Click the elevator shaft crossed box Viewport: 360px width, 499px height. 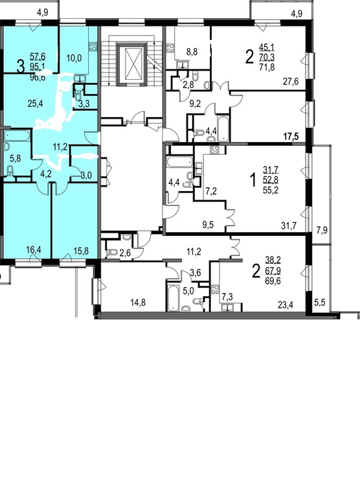tap(132, 64)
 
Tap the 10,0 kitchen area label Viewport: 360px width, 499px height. tap(74, 58)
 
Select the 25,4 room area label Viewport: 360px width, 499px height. tap(35, 104)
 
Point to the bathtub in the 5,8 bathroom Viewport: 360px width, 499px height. tap(18, 136)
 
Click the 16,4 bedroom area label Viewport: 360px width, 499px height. tap(34, 250)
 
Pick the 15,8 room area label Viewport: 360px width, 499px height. tap(81, 250)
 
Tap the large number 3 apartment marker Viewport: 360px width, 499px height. tap(20, 68)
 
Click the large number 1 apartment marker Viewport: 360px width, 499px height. tap(253, 180)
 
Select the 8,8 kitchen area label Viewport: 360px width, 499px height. tap(192, 52)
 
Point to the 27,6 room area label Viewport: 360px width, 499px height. tap(291, 82)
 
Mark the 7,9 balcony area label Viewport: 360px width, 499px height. tap(322, 230)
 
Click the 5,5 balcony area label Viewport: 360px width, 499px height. tap(320, 302)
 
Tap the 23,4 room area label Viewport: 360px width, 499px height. tap(286, 305)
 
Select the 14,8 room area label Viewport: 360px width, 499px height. tap(138, 303)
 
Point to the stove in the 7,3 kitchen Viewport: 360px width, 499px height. tap(215, 290)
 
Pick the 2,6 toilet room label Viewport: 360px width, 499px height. tap(124, 253)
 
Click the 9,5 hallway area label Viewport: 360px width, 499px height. tap(208, 225)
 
